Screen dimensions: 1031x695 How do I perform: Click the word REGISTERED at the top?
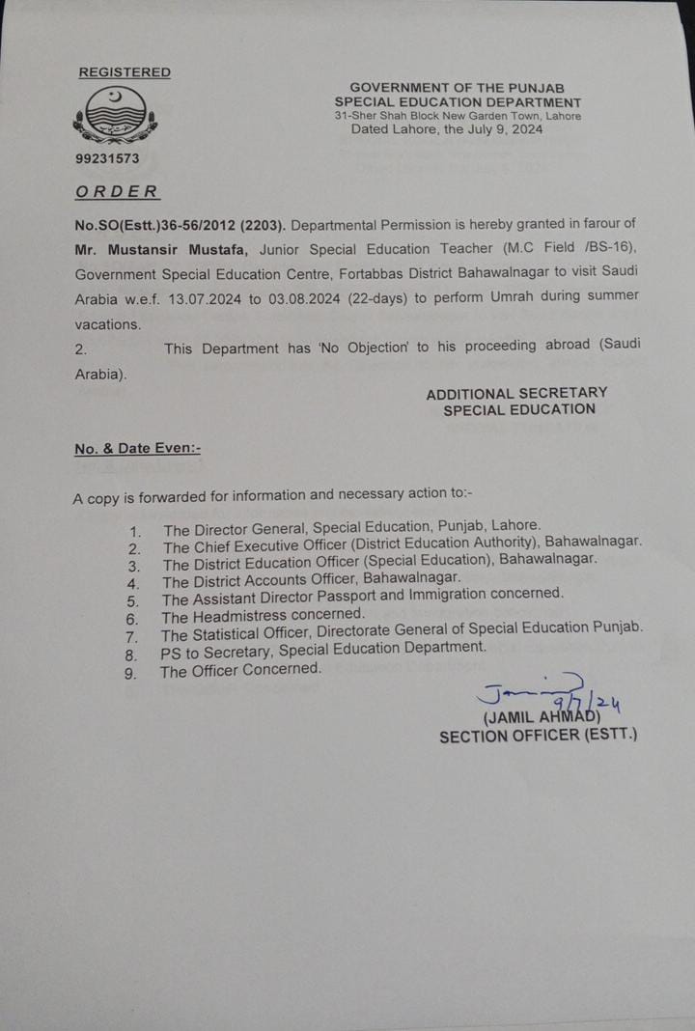(x=125, y=72)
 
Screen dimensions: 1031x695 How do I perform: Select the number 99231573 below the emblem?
(x=108, y=158)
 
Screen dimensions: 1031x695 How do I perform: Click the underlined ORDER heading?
(x=117, y=191)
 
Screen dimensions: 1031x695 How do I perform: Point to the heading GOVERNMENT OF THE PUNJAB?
(x=458, y=88)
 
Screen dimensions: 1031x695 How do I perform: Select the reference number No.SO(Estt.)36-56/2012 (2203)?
(x=179, y=224)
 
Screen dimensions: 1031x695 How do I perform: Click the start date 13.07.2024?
(x=203, y=298)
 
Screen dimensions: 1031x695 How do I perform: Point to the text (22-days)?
(x=380, y=297)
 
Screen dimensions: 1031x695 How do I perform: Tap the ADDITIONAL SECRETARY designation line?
(x=516, y=393)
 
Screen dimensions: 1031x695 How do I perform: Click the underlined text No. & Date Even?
(x=137, y=448)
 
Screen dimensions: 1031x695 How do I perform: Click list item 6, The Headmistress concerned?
(x=263, y=615)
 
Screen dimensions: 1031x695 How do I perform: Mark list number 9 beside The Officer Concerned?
(x=130, y=673)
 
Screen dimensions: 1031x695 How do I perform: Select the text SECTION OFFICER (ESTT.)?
(x=538, y=736)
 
